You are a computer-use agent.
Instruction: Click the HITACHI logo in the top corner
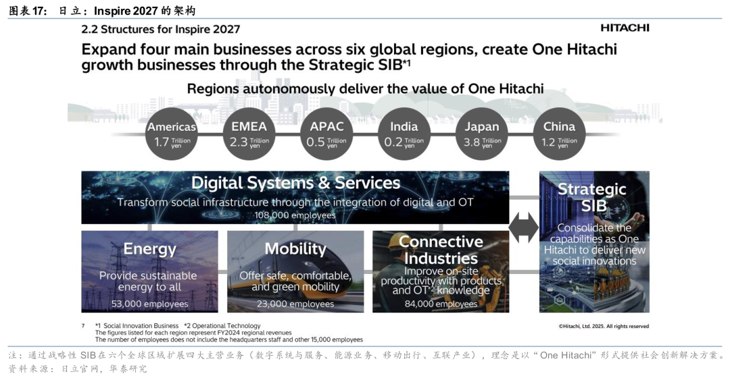pos(625,28)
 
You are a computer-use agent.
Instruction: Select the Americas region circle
pos(172,134)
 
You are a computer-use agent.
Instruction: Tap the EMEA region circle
pos(249,134)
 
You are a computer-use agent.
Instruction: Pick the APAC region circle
pos(326,134)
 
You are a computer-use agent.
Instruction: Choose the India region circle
pos(404,134)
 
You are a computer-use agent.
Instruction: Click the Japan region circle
pos(482,134)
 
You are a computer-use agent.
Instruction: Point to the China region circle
pos(559,134)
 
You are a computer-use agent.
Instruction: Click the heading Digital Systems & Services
pos(295,183)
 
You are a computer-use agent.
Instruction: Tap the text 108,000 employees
pos(295,215)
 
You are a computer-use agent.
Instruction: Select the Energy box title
pos(149,249)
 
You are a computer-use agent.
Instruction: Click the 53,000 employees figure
pos(149,304)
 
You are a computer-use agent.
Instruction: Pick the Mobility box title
pos(295,249)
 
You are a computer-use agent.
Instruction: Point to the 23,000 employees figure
pos(295,304)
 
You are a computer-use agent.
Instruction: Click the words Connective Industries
pos(441,250)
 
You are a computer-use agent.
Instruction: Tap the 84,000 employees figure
pos(441,304)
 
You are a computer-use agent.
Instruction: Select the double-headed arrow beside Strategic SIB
pos(524,228)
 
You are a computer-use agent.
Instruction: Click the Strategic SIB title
pos(592,197)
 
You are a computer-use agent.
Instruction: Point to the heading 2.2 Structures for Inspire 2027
pos(161,29)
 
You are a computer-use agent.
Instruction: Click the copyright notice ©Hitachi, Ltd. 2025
pos(604,327)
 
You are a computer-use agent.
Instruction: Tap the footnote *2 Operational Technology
pos(222,326)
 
